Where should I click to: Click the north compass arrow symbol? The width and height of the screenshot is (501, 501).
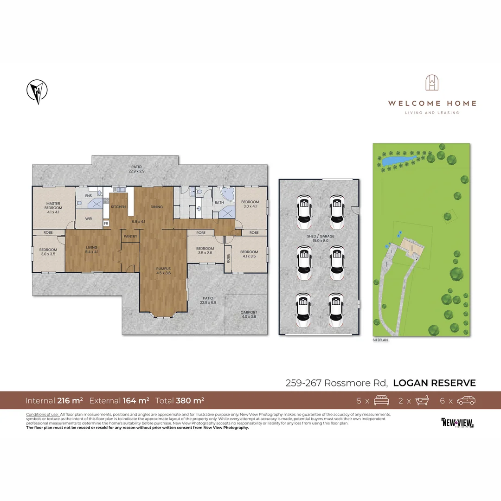tap(37, 91)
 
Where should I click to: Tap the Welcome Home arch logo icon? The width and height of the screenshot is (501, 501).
tap(432, 83)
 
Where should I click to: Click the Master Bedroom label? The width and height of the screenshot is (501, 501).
tap(54, 206)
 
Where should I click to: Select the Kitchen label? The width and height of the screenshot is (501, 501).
tap(118, 206)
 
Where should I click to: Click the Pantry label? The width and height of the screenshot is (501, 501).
tap(130, 236)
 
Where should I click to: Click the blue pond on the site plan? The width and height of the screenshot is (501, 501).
tap(398, 161)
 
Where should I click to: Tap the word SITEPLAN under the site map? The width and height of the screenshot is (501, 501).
tap(380, 340)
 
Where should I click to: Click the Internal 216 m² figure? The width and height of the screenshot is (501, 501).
tap(54, 400)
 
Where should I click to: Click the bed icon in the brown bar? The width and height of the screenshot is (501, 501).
tap(381, 400)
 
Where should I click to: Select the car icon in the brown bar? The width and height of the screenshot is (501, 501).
tap(466, 400)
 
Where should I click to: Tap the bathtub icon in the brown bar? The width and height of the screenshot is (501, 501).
tap(424, 400)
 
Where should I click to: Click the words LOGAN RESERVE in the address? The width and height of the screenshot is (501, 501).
tap(434, 383)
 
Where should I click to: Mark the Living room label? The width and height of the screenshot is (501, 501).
tap(91, 250)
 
